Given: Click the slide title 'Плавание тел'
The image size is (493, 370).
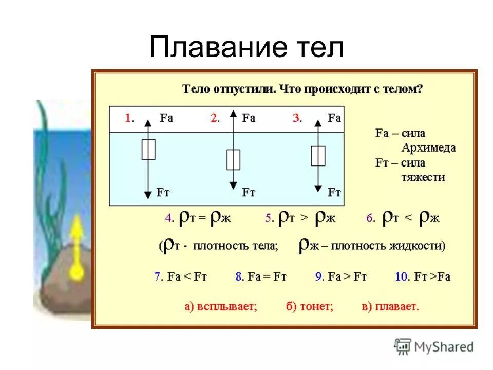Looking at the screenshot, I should (x=246, y=48).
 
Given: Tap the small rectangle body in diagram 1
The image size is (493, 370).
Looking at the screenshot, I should (x=148, y=149).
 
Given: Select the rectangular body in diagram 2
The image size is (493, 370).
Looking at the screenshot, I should (x=233, y=159).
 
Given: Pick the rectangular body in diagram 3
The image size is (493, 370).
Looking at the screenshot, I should (x=318, y=156).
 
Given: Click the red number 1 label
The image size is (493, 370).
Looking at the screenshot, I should (x=129, y=118).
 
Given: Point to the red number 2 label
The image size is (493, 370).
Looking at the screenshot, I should (x=215, y=118).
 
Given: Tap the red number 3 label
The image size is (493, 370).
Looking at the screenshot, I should (x=297, y=118).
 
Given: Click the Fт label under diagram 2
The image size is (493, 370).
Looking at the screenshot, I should (x=249, y=193).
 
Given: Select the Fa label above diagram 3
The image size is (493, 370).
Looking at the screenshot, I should (x=334, y=118).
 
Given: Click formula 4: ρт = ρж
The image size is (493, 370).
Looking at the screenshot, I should (x=198, y=218).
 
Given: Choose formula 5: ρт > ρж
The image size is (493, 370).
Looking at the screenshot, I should (x=300, y=218).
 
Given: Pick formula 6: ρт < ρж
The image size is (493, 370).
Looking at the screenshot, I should (x=403, y=218).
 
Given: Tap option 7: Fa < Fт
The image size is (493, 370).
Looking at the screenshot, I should (x=180, y=276).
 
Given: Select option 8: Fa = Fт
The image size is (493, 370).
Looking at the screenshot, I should (x=260, y=276).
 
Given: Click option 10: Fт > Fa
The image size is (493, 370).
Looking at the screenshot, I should (x=423, y=276).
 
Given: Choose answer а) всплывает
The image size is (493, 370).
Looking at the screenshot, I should (x=220, y=307).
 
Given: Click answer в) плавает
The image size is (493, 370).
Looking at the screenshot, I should (x=390, y=307).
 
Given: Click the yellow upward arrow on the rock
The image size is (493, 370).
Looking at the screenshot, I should (x=77, y=247).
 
